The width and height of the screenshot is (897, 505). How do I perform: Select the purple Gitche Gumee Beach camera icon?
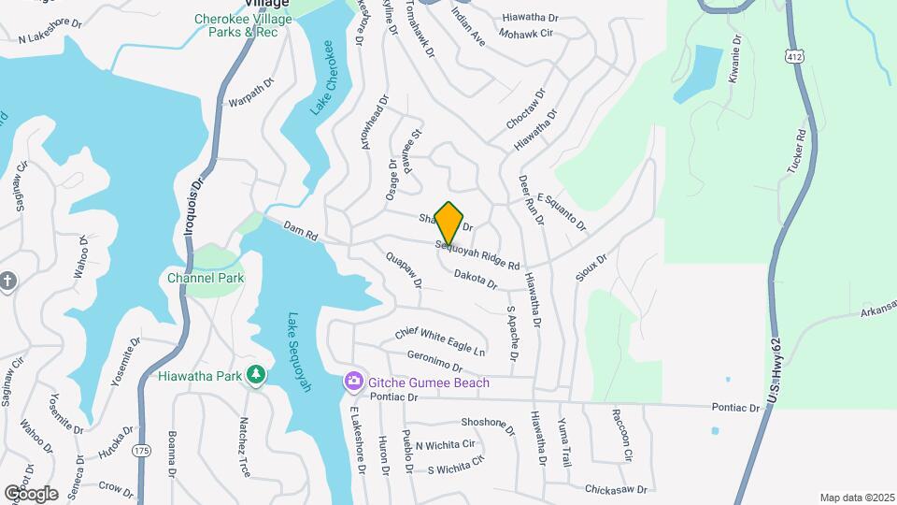(353, 382)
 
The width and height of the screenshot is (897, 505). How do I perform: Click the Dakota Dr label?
(477, 278)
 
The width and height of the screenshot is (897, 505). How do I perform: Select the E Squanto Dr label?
(561, 212)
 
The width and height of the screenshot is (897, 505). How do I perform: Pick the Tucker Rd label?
(795, 150)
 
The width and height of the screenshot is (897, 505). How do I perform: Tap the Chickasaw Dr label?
(616, 488)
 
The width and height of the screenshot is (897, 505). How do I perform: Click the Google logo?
(31, 493)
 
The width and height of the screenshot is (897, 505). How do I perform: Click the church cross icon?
(7, 281)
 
